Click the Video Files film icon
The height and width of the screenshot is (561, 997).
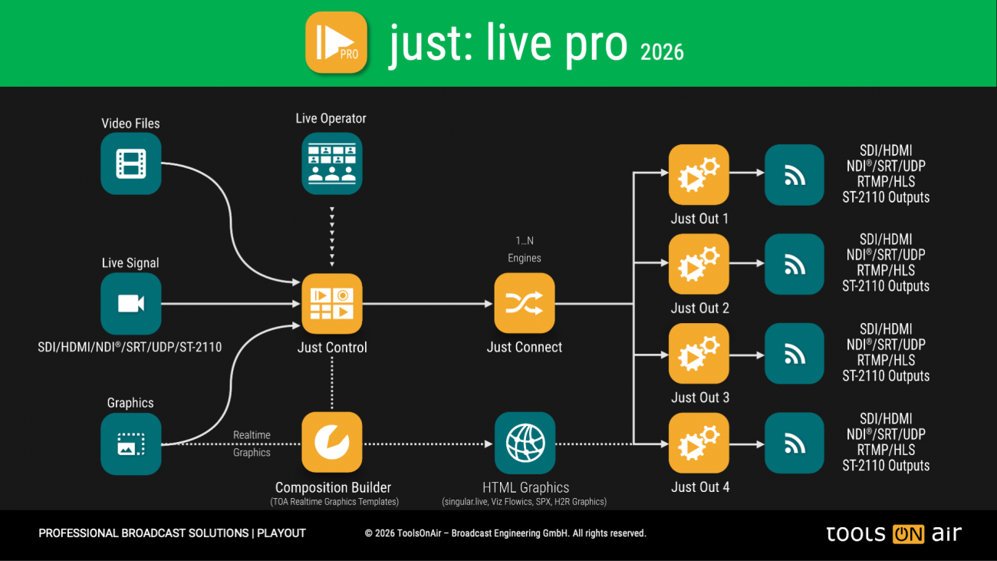coord(131,163)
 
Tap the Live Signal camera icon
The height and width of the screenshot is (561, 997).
coord(131,304)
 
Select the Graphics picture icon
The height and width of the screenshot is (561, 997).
coord(131,444)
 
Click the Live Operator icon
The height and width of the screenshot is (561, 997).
coord(331,163)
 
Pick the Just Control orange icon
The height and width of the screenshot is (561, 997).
coord(331,304)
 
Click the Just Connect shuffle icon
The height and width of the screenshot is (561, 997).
coord(525,304)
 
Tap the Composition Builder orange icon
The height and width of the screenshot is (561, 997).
coord(331,443)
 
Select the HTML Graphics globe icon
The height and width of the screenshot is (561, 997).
coord(525,443)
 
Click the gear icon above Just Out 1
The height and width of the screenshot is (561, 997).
coord(699,174)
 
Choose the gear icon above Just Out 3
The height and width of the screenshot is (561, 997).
coord(699,354)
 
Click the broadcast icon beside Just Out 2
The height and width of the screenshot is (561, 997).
coord(795,264)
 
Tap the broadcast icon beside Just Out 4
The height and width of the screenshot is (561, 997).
coord(795,443)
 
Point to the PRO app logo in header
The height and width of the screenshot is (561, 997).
coord(337,42)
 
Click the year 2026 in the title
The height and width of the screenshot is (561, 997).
coord(662,51)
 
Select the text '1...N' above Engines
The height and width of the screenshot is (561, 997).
coord(525,241)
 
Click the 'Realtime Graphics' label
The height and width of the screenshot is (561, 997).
coord(252,444)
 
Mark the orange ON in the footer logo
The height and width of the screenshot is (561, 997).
coord(909,534)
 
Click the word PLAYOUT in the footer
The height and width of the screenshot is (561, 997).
coord(281,533)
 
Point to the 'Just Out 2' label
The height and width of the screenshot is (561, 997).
coord(699,309)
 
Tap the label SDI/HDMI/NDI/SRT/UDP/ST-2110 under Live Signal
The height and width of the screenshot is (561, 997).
coord(130,348)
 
